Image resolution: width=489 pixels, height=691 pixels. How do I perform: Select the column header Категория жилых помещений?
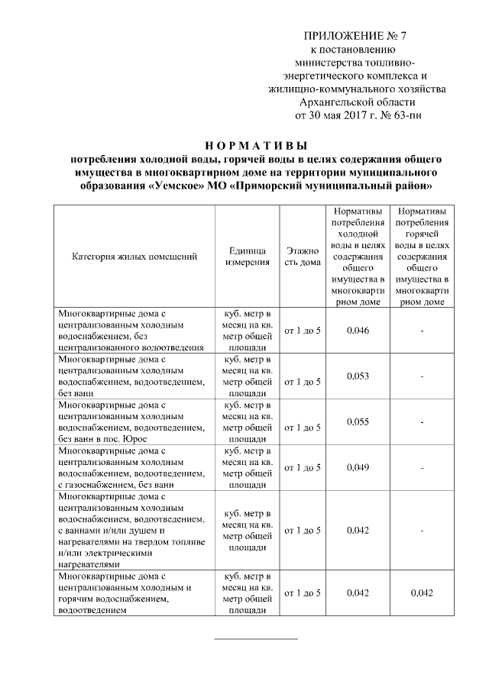coord(135,256)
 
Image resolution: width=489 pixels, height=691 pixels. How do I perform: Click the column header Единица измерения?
coord(247,256)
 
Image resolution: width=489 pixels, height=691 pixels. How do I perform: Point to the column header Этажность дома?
coord(302,256)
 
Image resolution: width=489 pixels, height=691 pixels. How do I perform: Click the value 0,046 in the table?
coord(358,331)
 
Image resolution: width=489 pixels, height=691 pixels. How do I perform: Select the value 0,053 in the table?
coord(358,376)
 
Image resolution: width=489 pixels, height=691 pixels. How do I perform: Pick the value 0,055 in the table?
coord(358,421)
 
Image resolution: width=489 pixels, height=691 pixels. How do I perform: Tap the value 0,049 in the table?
coord(358,467)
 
